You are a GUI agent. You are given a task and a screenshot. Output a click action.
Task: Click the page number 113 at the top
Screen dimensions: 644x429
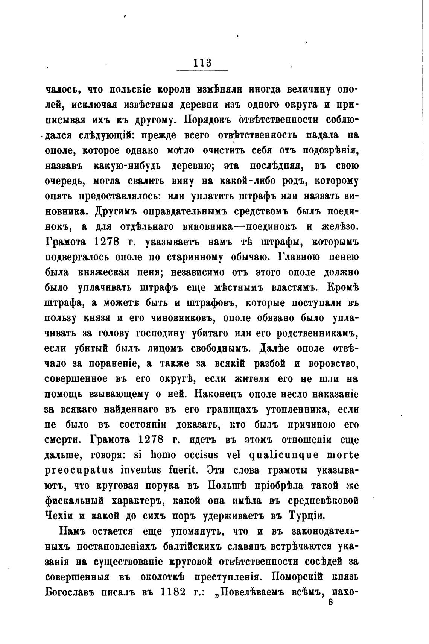pyautogui.click(x=202, y=63)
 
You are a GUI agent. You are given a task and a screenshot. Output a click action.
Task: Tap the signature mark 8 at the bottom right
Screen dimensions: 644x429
pyautogui.click(x=331, y=602)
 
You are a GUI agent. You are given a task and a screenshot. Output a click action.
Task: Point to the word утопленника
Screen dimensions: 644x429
pyautogui.click(x=296, y=409)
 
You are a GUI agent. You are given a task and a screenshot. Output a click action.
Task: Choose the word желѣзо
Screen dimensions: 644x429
pyautogui.click(x=338, y=227)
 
